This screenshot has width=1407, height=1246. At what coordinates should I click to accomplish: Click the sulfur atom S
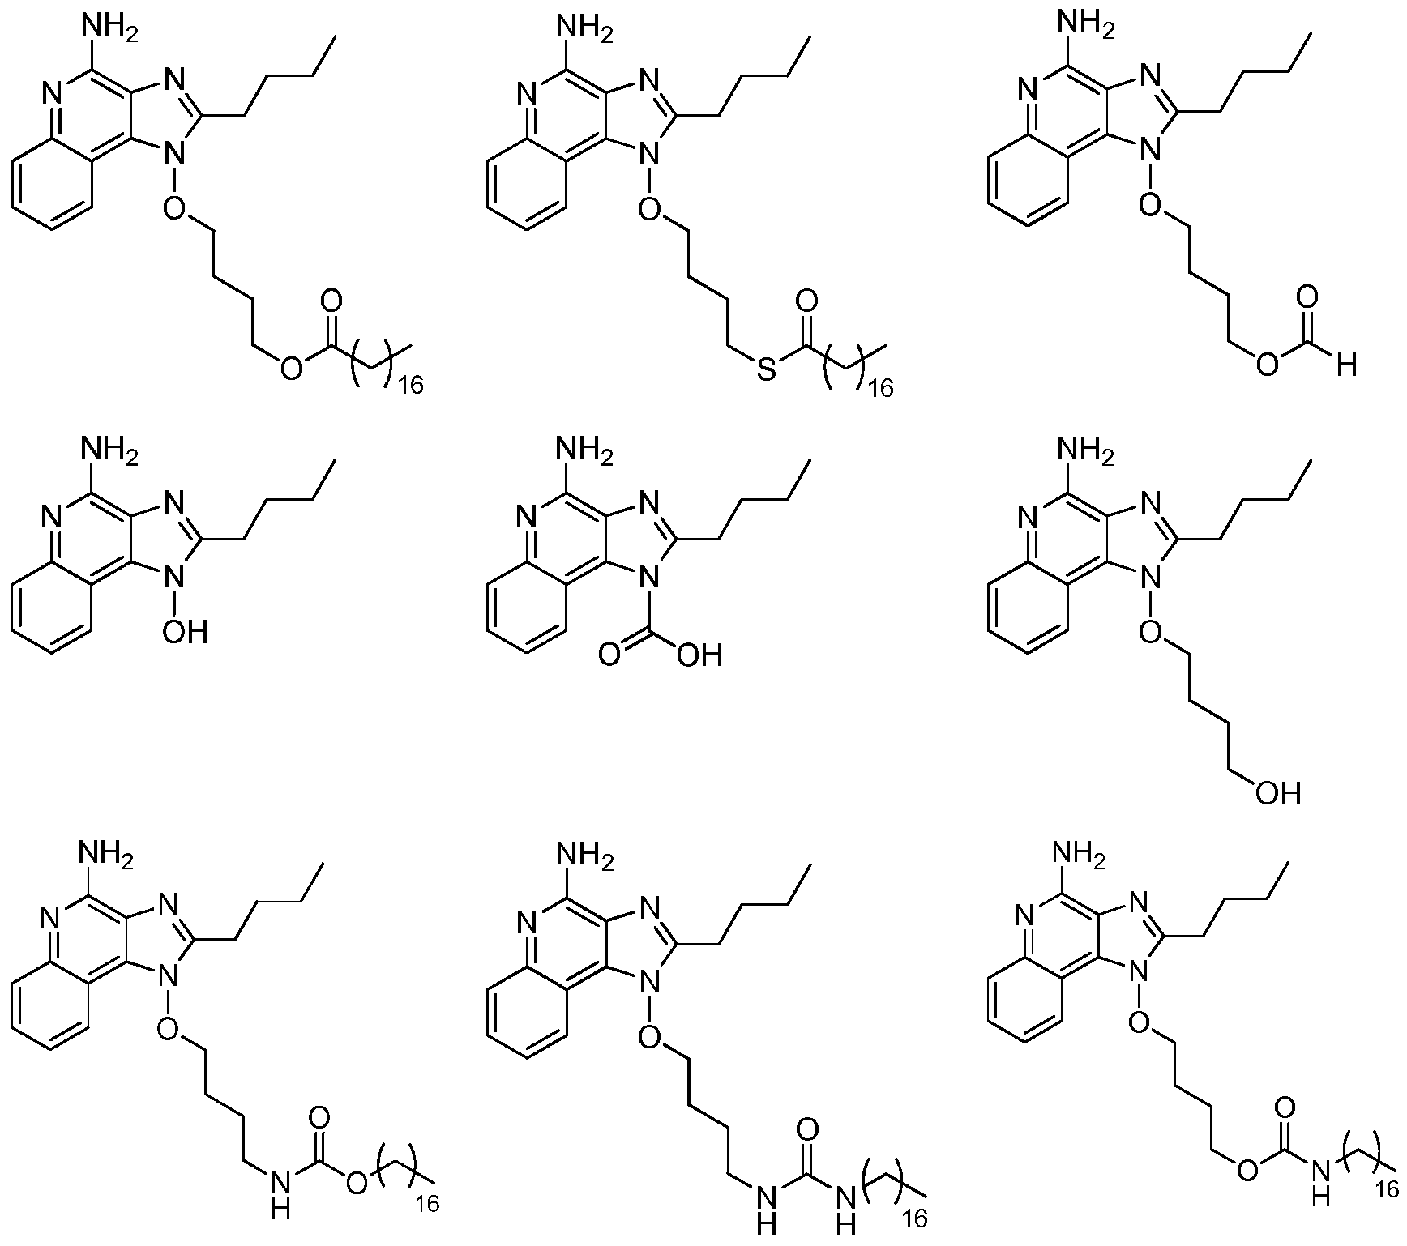point(766,371)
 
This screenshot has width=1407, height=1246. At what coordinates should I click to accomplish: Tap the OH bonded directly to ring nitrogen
point(186,631)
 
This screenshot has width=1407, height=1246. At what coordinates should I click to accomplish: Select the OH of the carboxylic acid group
point(699,654)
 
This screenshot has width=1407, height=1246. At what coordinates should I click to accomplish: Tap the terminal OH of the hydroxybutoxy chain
point(1278,792)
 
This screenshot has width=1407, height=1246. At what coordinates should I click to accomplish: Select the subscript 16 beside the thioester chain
point(877,390)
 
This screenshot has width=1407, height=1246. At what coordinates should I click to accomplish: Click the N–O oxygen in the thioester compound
point(649,211)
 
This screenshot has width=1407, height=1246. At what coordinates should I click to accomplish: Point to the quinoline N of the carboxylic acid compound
point(528,517)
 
